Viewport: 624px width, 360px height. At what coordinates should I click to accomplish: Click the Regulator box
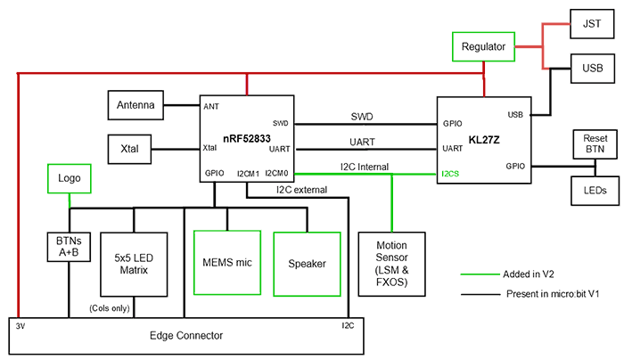(x=484, y=46)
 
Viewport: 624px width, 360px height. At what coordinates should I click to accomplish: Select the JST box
(x=592, y=23)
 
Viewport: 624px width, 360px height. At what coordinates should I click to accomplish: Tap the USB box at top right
(x=592, y=68)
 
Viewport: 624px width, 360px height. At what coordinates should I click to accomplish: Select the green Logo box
(x=70, y=178)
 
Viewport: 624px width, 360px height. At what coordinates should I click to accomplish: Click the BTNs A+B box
(x=68, y=245)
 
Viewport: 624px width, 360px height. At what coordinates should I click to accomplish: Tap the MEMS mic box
(x=226, y=263)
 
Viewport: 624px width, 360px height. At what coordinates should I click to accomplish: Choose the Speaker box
(x=306, y=263)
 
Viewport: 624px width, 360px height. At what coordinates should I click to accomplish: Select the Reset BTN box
(x=595, y=144)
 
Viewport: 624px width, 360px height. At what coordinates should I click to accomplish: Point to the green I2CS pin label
(x=450, y=174)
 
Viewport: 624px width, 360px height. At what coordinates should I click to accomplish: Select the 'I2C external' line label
(x=301, y=189)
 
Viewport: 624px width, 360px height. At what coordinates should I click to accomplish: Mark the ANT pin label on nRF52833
(x=211, y=107)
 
